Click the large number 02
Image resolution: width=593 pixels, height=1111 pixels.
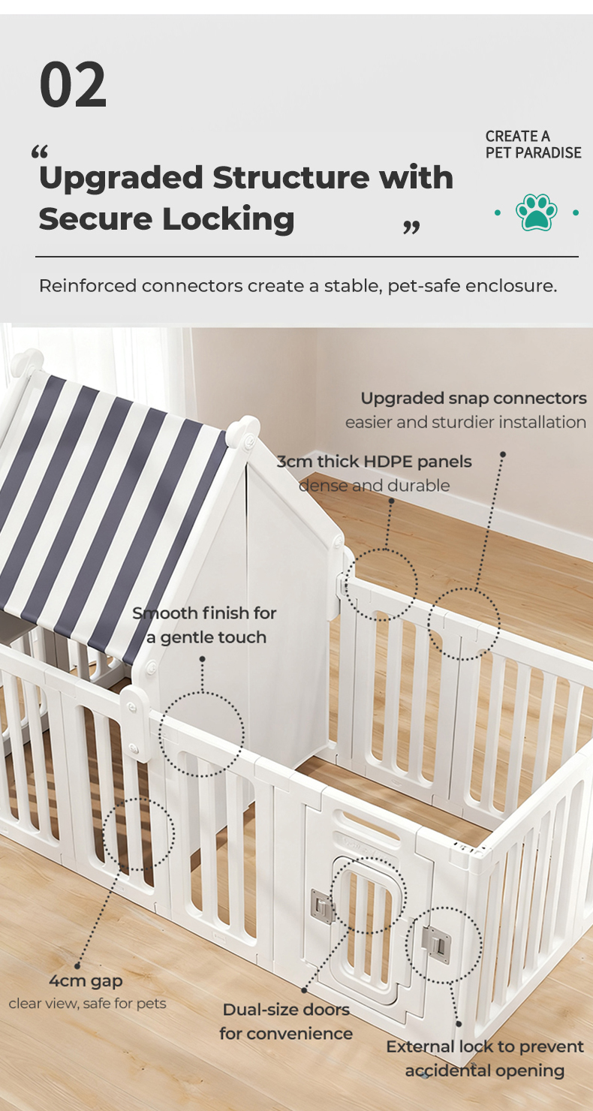point(73,84)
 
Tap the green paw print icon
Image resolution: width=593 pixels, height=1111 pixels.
point(536,212)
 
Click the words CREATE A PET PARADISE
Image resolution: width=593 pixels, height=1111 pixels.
point(533,144)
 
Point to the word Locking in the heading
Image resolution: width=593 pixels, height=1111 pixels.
point(228,220)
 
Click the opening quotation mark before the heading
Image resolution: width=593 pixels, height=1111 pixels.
point(40,152)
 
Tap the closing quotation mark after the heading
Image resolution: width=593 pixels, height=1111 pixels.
point(411,227)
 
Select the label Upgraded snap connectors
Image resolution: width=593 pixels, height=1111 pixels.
point(474,398)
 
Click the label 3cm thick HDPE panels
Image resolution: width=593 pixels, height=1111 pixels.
point(374,461)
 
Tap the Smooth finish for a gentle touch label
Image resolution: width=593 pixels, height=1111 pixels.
point(204,625)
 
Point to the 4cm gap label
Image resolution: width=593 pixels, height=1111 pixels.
point(86,980)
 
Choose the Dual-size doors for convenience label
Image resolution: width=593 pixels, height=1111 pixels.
point(286,1021)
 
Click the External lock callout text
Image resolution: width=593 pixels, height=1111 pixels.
point(484,1058)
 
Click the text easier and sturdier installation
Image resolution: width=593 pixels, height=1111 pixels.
point(465,422)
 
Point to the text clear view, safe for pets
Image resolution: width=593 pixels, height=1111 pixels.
point(87,1004)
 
